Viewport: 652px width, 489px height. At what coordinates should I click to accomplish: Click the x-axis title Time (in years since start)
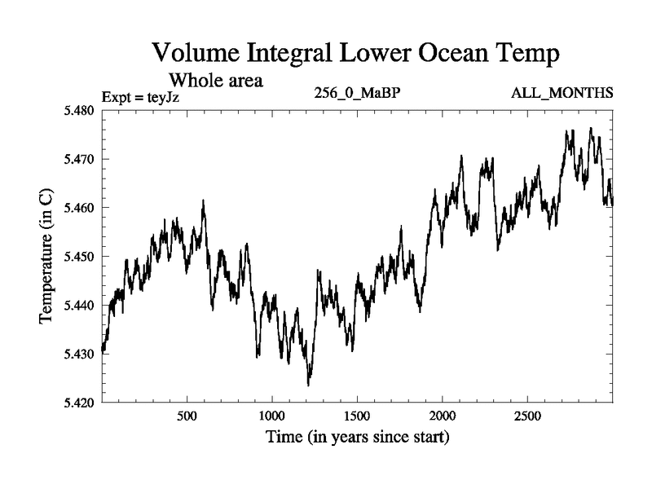tap(357, 438)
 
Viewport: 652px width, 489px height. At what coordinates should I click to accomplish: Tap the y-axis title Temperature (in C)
tap(47, 257)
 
